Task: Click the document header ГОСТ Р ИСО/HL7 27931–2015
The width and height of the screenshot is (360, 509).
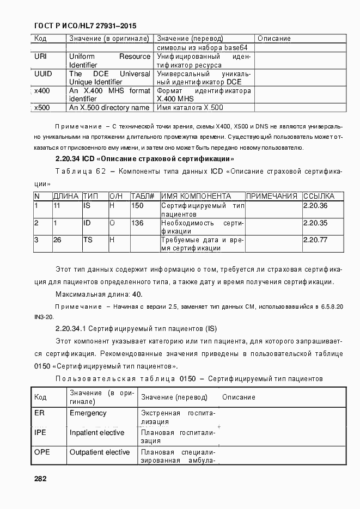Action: pyautogui.click(x=85, y=26)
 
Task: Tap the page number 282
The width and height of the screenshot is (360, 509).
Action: pyautogui.click(x=40, y=479)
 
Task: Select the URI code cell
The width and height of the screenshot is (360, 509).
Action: pyautogui.click(x=41, y=57)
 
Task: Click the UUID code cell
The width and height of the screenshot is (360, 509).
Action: pyautogui.click(x=43, y=74)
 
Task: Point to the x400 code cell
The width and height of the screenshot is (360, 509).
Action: pyautogui.click(x=42, y=91)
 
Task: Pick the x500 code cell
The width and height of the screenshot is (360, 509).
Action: pyautogui.click(x=42, y=108)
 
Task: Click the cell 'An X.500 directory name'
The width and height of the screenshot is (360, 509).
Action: pyautogui.click(x=109, y=108)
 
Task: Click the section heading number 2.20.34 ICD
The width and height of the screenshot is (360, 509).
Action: pyautogui.click(x=68, y=159)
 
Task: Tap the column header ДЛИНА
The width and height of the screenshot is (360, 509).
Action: pyautogui.click(x=66, y=197)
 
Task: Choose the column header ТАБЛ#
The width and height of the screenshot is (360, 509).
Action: pyautogui.click(x=143, y=197)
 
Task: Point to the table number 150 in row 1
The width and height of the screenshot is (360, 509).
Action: pyautogui.click(x=137, y=206)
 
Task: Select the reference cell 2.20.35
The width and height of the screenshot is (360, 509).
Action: pyautogui.click(x=315, y=223)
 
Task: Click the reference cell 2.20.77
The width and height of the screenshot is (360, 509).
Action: pyautogui.click(x=315, y=240)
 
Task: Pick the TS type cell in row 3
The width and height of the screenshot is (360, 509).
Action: pyautogui.click(x=87, y=240)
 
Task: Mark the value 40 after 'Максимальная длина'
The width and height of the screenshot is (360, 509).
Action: pyautogui.click(x=137, y=295)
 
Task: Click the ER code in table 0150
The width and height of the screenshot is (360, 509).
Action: pyautogui.click(x=39, y=413)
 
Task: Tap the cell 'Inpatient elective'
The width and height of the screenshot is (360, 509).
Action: pyautogui.click(x=96, y=433)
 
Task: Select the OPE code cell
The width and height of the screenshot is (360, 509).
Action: pyautogui.click(x=43, y=452)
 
